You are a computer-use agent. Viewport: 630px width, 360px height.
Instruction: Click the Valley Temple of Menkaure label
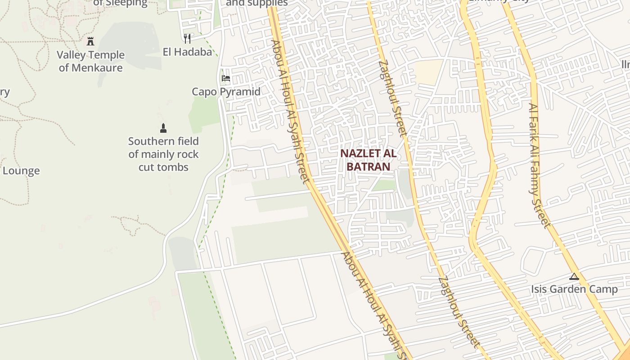coord(90,61)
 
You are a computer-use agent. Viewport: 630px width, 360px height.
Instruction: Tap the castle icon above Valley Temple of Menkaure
coord(90,41)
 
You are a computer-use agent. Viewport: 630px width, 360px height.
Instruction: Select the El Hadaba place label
coord(187,52)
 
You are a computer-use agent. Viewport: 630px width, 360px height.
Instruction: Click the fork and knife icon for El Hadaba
coord(187,39)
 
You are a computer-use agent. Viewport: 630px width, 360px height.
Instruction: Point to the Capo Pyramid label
coord(226,92)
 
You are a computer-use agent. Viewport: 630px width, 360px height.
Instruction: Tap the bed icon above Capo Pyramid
coord(226,78)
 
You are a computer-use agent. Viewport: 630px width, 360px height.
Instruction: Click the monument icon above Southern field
coord(163,128)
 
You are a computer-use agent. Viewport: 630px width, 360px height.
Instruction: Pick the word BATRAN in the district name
coord(368,166)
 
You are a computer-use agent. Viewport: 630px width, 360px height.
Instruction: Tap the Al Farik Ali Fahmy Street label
coord(539,166)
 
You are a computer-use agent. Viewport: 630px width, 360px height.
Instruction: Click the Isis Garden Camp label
coord(574,289)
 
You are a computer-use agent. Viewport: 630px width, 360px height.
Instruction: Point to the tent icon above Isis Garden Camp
coord(574,276)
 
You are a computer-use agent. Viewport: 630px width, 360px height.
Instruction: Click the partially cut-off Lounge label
coord(21,171)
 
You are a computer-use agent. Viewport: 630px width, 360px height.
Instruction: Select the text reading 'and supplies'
coord(256,3)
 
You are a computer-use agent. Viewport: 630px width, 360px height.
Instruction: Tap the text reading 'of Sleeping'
coord(120,3)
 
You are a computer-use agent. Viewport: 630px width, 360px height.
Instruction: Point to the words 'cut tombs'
coord(163,167)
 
